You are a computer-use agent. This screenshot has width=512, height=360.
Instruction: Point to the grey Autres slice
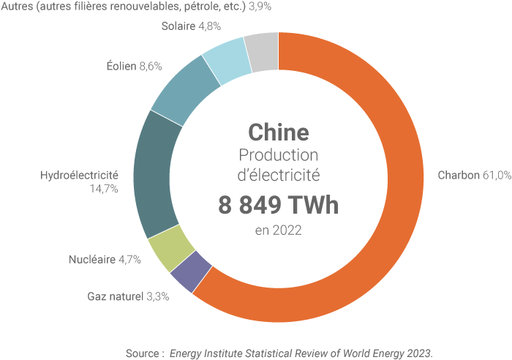pos(261,52)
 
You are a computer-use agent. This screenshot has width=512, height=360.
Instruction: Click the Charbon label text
pos(458,176)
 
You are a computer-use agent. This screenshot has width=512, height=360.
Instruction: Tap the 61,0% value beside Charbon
pos(496,176)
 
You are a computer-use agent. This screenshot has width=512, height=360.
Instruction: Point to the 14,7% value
pos(103,189)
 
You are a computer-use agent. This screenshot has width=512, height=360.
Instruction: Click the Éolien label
pos(121,66)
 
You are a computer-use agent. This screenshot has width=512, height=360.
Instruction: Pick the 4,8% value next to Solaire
pos(211,26)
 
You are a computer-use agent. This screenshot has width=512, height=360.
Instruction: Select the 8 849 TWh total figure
pos(278,205)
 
